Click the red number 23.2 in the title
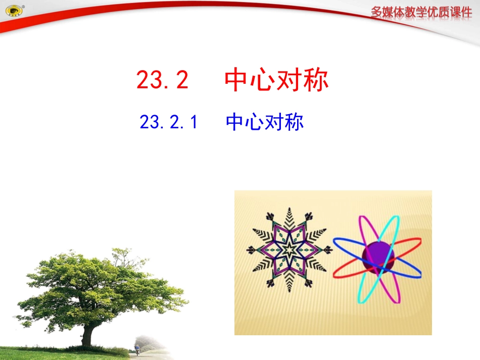point(163,80)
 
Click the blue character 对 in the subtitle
point(274,123)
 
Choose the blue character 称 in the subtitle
point(294,123)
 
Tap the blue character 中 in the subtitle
point(235,123)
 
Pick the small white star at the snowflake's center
point(289,249)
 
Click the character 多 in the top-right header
point(377,12)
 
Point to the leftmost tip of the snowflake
point(249,249)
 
